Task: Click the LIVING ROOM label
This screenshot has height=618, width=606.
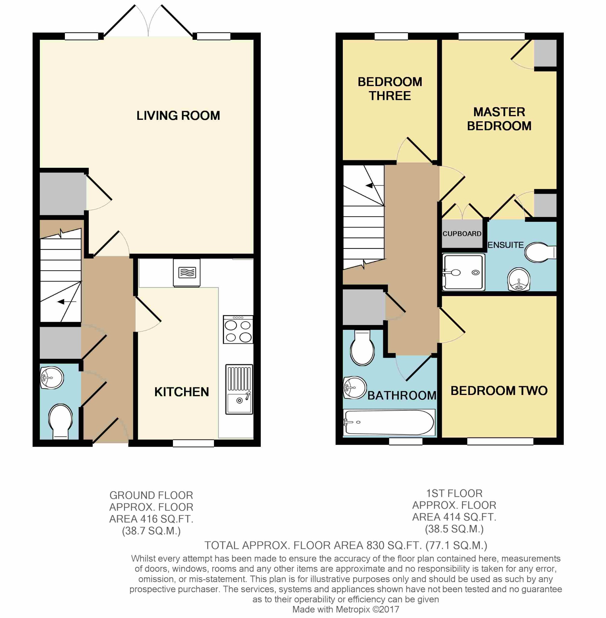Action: point(178,116)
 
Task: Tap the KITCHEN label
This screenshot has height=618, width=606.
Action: point(182,392)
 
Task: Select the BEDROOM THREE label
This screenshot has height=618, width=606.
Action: point(390,89)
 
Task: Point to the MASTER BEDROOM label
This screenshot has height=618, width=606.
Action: point(499,119)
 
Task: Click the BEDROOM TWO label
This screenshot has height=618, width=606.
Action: point(499,390)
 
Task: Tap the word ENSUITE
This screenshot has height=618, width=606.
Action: point(506,245)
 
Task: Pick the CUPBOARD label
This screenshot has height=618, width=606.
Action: point(462,234)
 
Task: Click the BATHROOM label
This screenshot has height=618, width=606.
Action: point(402,395)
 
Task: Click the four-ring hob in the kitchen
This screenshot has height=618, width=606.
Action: point(238,329)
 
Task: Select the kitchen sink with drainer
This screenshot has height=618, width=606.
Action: point(239,389)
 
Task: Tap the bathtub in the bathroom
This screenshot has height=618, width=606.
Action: point(389,422)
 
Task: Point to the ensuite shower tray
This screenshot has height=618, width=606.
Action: point(464,272)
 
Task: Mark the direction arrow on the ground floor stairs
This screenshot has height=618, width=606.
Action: point(67,301)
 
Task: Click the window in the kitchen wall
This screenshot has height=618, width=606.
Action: point(193,443)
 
